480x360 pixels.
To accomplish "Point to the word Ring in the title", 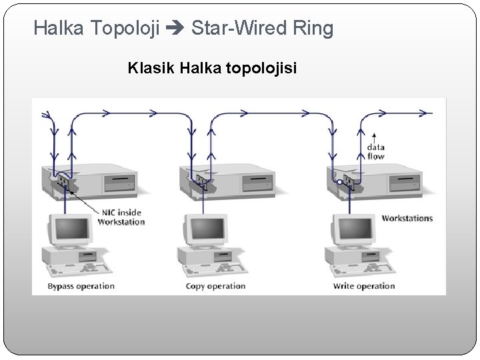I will [x=313, y=28].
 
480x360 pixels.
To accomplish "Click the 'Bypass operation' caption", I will [x=81, y=286].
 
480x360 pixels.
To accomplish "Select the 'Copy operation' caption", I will [x=215, y=286].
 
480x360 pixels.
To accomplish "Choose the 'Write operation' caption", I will [x=364, y=286].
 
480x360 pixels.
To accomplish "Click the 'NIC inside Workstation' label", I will [x=121, y=217].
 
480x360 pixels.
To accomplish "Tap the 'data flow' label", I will [x=376, y=151].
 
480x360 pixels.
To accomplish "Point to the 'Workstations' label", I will [x=407, y=218].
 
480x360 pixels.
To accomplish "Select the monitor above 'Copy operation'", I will [x=205, y=231].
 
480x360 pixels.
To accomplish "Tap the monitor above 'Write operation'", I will [x=353, y=231].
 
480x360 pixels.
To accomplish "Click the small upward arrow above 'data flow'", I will [x=374, y=135].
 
